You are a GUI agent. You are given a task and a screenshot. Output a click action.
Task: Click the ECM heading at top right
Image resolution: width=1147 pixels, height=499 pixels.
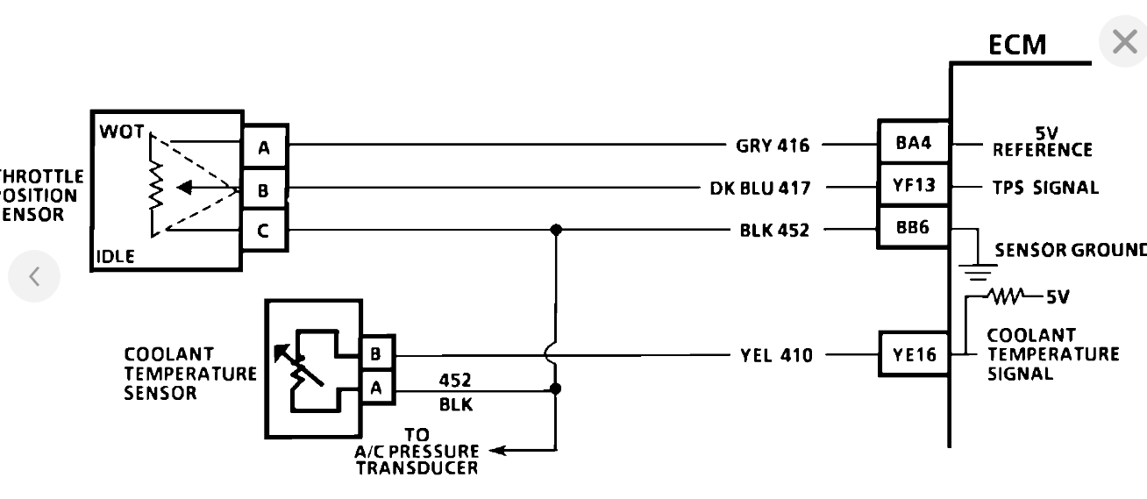[1017, 45]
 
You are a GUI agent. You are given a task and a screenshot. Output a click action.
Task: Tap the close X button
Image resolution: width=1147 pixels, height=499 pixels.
[1123, 41]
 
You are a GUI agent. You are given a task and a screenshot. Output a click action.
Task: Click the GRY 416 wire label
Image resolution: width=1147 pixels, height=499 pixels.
[774, 145]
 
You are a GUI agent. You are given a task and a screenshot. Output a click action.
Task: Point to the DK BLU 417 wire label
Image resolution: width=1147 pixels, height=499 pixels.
[759, 188]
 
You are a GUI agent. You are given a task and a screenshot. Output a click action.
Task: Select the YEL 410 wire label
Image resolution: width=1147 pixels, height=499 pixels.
[776, 356]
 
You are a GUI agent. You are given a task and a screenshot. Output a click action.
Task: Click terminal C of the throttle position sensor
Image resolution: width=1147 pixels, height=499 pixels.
[264, 232]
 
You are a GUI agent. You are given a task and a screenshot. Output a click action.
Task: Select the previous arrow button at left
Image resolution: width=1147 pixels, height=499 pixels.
[34, 276]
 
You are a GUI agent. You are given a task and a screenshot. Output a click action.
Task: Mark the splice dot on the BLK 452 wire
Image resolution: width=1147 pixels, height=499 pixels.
[555, 231]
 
